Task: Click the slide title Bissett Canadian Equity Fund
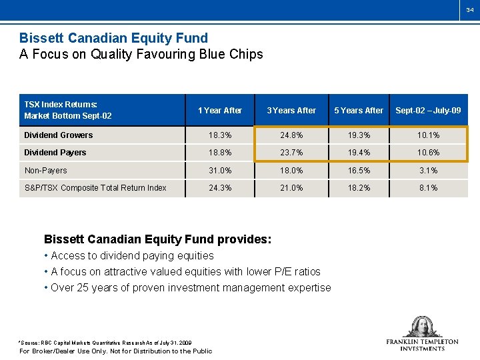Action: click(x=113, y=38)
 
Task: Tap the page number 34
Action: click(x=470, y=10)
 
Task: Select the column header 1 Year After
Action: click(x=220, y=110)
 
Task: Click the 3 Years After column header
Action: click(x=291, y=110)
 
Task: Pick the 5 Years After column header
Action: click(x=359, y=110)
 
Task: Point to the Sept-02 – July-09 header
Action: click(x=428, y=110)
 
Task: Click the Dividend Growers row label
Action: click(x=59, y=135)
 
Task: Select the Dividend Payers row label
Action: click(x=55, y=153)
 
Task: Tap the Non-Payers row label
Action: click(x=46, y=171)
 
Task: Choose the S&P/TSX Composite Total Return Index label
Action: click(x=95, y=188)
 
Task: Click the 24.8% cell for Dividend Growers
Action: click(x=291, y=135)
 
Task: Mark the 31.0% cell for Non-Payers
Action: click(x=220, y=171)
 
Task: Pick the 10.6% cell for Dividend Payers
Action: click(x=428, y=153)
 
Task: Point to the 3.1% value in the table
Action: click(x=428, y=171)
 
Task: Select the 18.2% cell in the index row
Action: click(x=359, y=188)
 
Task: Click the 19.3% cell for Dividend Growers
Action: click(x=359, y=135)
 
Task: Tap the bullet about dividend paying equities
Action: click(x=132, y=255)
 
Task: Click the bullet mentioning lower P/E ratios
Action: click(x=185, y=271)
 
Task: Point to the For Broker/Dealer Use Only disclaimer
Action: click(x=115, y=351)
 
